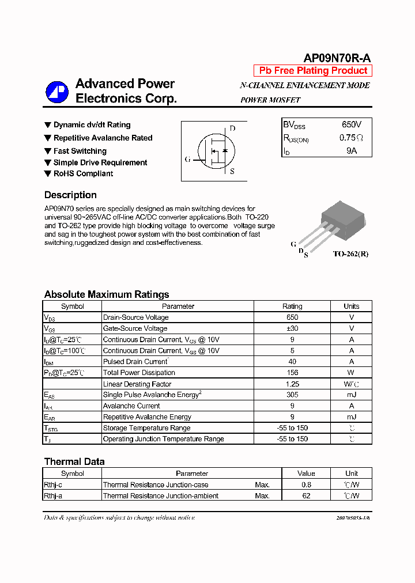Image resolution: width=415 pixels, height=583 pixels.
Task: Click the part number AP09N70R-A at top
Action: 337,58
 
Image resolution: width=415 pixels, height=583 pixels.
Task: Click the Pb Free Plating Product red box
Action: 313,71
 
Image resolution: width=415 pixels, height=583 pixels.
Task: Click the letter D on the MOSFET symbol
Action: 232,128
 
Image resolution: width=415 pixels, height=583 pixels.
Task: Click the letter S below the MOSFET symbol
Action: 232,171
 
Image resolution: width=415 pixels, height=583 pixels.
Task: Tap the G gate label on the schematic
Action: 187,160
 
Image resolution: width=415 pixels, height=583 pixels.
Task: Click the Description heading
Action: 70,195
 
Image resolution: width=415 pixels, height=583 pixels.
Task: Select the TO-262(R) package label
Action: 350,253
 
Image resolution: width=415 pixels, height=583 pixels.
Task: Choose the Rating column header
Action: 292,306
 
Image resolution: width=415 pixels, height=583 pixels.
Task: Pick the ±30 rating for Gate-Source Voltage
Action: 292,328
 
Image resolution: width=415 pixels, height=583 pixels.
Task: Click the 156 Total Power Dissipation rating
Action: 292,373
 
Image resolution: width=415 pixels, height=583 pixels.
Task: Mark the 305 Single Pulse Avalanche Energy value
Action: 292,395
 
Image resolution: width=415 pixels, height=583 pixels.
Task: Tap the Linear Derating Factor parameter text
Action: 137,384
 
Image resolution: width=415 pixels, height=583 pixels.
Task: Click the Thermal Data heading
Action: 74,461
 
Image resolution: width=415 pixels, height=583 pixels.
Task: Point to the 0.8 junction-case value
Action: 306,485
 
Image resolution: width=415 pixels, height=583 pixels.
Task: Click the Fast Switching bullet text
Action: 80,151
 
